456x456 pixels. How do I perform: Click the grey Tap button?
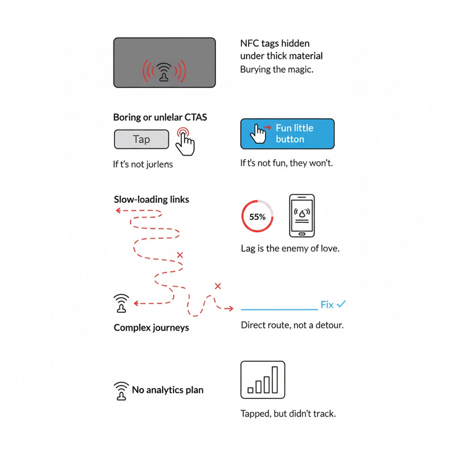[x=141, y=139]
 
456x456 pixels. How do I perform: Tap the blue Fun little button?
[x=287, y=134]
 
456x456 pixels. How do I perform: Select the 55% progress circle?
[x=258, y=217]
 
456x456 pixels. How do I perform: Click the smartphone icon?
[x=302, y=216]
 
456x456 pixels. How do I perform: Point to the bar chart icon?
[x=263, y=380]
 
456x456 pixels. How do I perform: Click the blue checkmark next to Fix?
[x=341, y=304]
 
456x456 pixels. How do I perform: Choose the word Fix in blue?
[x=327, y=305]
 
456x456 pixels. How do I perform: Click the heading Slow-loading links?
[x=151, y=199]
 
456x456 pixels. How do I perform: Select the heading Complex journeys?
[x=151, y=328]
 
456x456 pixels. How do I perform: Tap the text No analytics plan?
[x=168, y=390]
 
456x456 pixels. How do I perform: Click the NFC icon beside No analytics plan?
[x=121, y=391]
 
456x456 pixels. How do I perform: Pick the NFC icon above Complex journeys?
[x=121, y=304]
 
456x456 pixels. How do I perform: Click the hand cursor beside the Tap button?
[x=184, y=140]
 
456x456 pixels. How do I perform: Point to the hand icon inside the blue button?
[x=260, y=134]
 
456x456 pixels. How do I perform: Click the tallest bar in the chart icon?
[x=275, y=380]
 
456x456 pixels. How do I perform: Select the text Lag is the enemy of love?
[x=290, y=249]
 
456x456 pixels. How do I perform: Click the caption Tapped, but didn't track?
[x=288, y=413]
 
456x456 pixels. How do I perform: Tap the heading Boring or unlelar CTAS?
[x=160, y=117]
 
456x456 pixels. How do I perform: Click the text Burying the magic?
[x=277, y=70]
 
